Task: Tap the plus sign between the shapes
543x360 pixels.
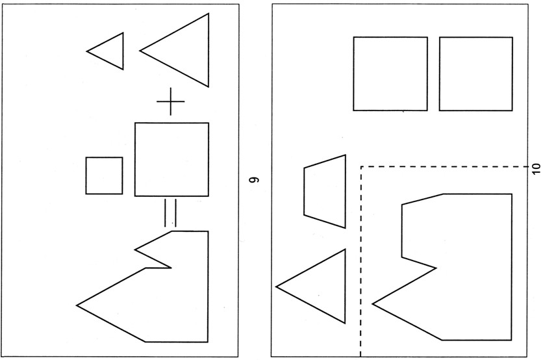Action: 171,103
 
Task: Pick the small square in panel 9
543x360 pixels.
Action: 104,175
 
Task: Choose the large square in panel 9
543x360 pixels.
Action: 171,159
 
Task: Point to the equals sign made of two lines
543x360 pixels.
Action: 170,212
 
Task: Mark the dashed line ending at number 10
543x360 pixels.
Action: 448,167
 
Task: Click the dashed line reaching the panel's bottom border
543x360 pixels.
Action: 360,260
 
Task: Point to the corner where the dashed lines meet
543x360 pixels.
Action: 360,167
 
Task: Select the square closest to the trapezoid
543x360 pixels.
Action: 390,73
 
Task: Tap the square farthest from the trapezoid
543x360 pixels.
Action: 476,73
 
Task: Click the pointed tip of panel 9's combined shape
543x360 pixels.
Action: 77,304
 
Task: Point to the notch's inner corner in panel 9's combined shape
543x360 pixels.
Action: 171,267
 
